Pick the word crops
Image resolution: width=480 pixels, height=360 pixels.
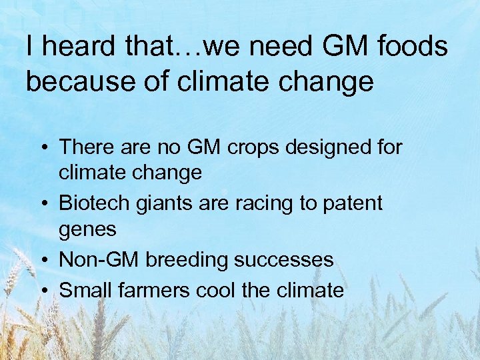point(253,147)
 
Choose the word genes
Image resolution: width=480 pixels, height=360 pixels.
point(87,230)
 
